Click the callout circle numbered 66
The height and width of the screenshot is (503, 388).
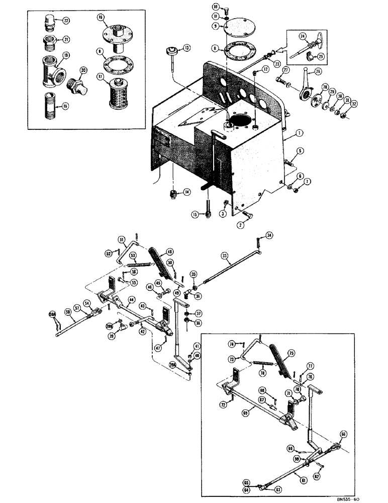coord(344,433)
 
